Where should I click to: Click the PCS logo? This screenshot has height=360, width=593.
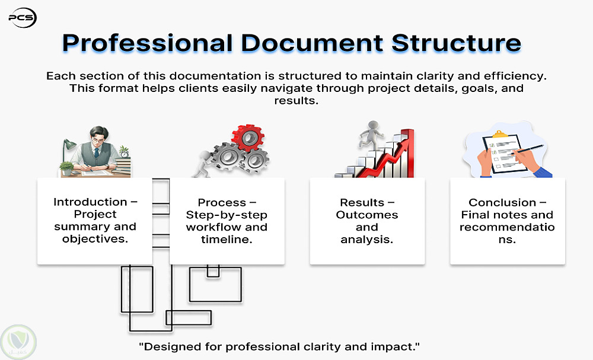point(23,18)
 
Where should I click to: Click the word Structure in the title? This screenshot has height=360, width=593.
point(456,43)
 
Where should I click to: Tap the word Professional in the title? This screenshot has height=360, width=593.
point(148,43)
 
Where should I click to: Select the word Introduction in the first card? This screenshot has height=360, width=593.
point(90,202)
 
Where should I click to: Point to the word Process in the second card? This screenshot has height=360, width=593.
point(222,203)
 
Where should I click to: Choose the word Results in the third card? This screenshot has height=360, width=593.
point(362,203)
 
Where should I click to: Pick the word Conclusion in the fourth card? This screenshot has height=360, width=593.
point(502,203)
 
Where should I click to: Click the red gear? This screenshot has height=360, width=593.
point(248,138)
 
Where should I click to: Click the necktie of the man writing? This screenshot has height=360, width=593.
point(97,152)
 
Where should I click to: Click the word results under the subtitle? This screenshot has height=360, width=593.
point(296,101)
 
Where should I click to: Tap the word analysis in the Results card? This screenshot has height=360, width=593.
point(367,240)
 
